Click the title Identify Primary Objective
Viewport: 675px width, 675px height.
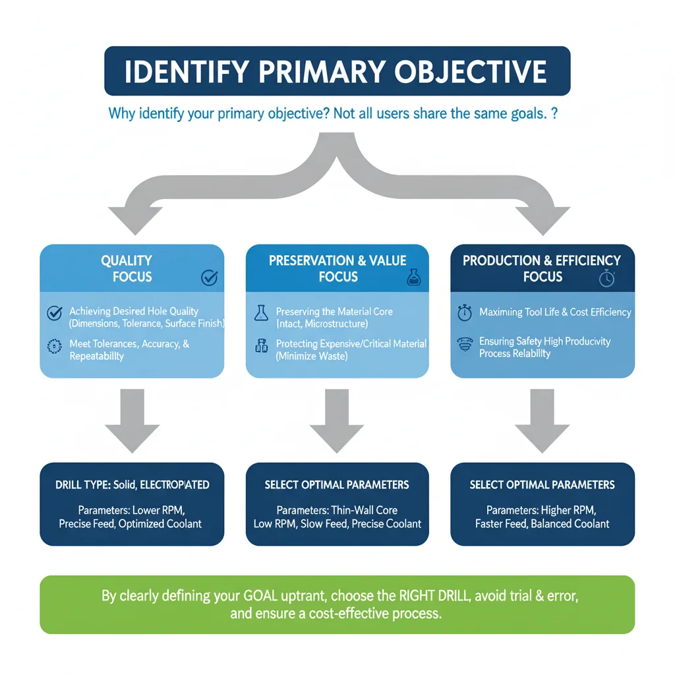click(336, 71)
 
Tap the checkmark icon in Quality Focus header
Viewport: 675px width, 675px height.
click(208, 278)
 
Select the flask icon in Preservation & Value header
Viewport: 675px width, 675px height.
click(413, 278)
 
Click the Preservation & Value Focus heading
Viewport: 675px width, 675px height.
click(337, 269)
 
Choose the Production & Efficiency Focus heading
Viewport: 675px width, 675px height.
click(542, 269)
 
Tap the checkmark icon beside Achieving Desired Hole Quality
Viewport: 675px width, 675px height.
click(55, 314)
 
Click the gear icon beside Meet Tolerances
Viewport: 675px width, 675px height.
click(55, 347)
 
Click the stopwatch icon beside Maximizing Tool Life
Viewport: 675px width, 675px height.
click(465, 313)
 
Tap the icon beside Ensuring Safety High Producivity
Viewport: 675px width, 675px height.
click(465, 344)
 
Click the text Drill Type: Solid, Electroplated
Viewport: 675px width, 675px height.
click(132, 485)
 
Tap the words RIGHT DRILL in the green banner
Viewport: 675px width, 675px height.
click(436, 597)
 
